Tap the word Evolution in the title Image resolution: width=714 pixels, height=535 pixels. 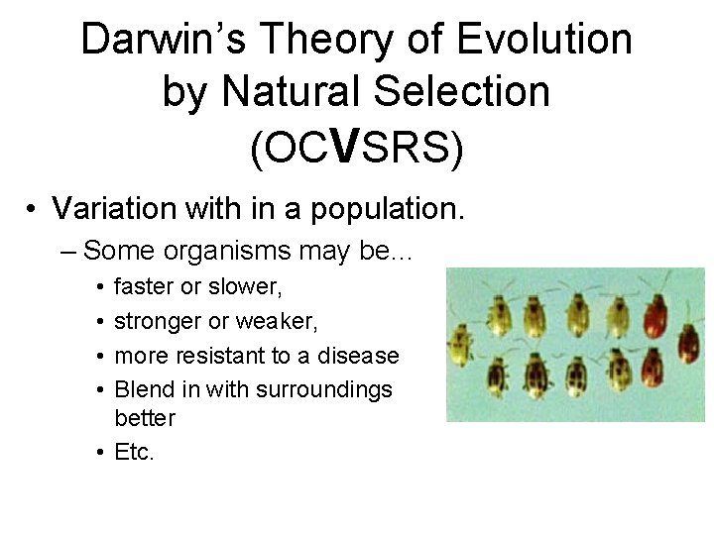544,41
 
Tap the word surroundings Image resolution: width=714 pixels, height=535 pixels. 324,390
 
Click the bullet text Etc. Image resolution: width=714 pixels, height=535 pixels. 135,453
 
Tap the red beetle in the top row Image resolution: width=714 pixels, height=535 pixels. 655,314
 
